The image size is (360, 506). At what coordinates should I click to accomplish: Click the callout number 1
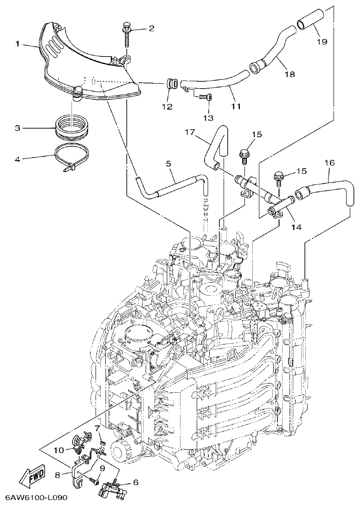tap(17, 44)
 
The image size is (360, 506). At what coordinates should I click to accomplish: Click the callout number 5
tap(168, 163)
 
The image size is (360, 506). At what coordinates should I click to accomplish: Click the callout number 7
tap(97, 428)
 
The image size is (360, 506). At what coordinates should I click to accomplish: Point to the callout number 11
tap(236, 106)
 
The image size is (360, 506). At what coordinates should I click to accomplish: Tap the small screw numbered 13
tap(204, 97)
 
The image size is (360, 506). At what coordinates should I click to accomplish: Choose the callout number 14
tap(296, 227)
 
